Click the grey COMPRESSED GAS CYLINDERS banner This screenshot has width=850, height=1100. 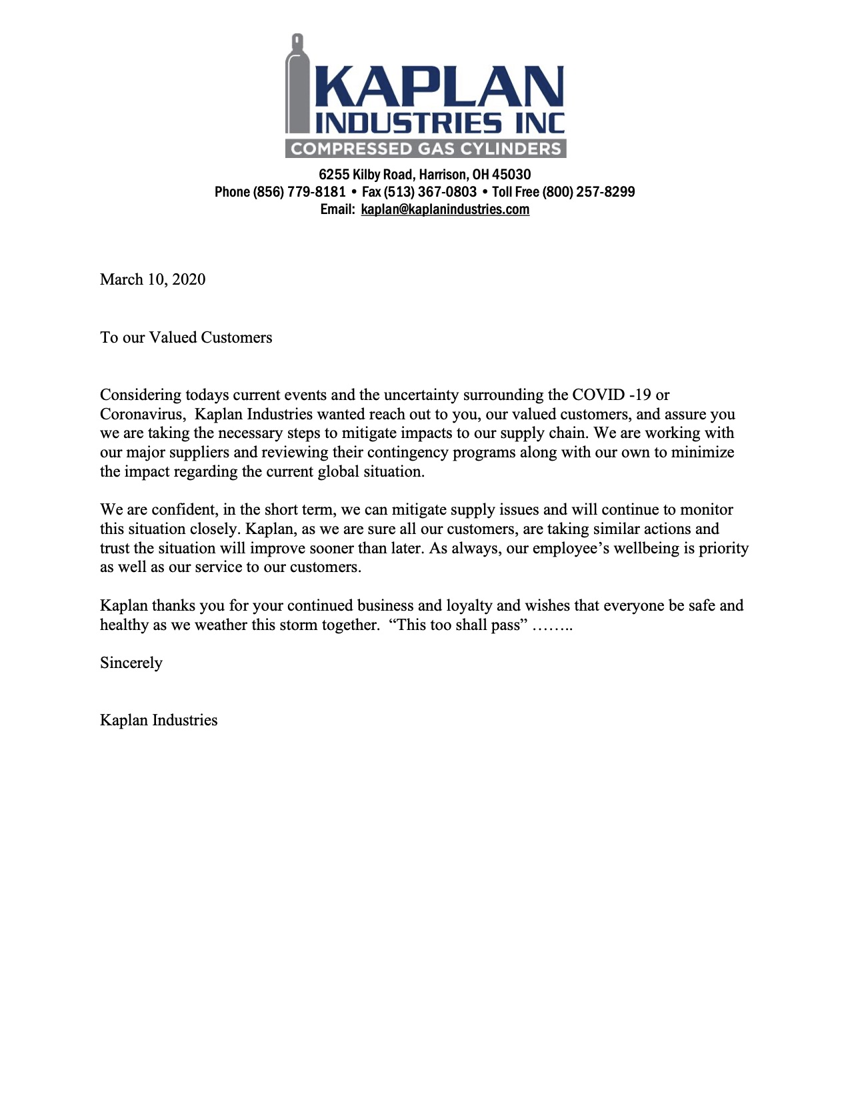click(x=425, y=149)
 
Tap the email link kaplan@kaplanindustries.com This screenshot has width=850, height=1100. click(x=445, y=209)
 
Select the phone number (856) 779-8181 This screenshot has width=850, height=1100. click(x=299, y=192)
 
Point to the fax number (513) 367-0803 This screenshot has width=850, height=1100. click(x=430, y=192)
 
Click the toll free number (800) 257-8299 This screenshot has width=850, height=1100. click(x=588, y=192)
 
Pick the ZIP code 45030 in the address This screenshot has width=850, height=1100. click(x=511, y=175)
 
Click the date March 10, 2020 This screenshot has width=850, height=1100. click(x=153, y=279)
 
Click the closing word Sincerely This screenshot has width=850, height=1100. click(x=131, y=663)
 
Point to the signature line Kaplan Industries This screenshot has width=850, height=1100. click(x=159, y=720)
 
